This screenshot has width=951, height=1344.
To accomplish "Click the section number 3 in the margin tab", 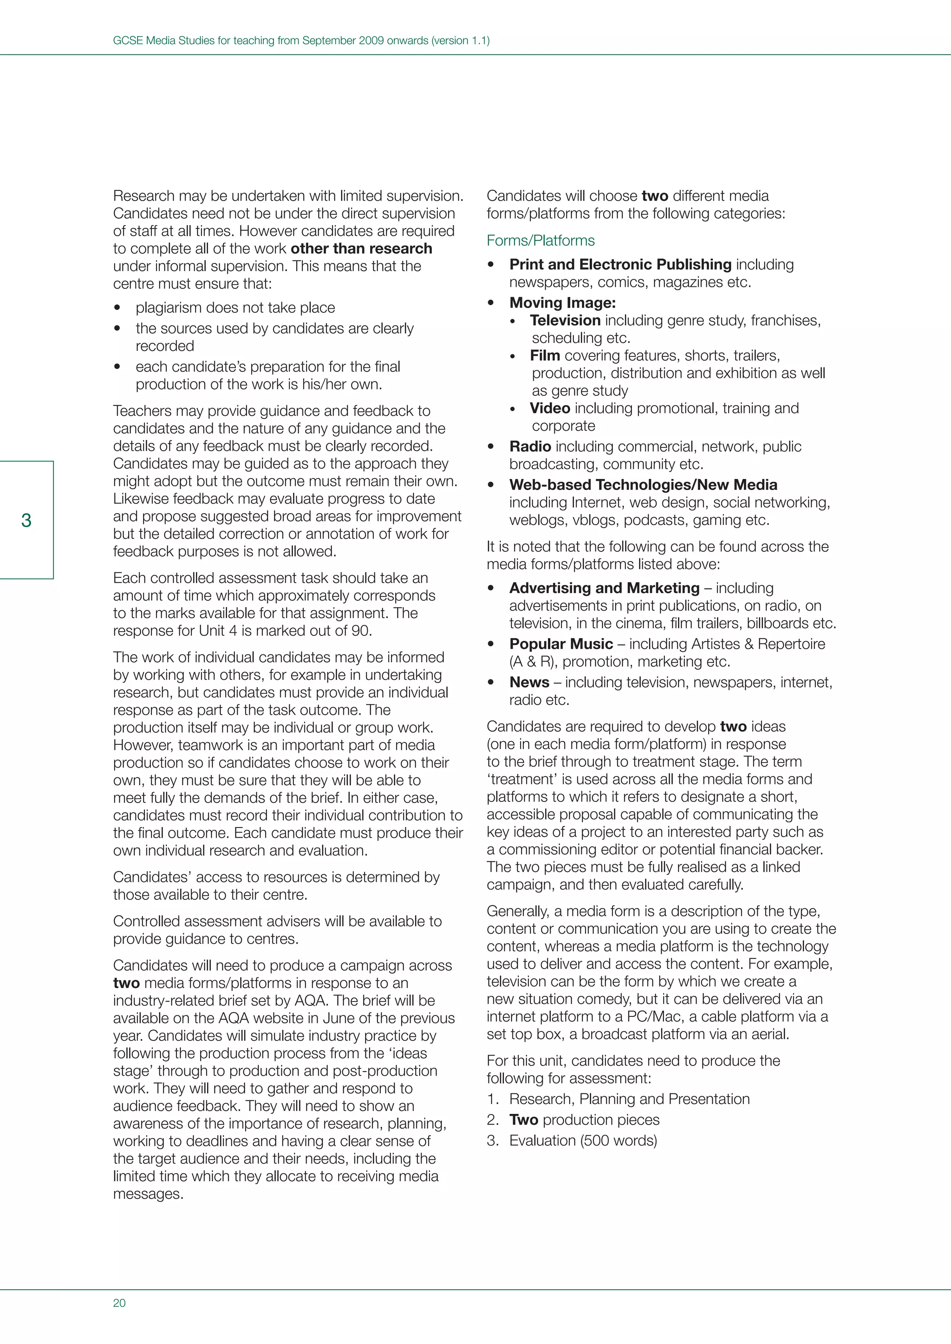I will point(26,520).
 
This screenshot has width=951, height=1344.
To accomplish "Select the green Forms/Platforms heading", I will point(540,240).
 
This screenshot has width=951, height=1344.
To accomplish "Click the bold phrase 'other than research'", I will point(361,249).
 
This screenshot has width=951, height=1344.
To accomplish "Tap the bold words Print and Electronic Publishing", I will point(620,265).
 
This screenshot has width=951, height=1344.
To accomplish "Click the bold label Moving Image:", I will point(562,303).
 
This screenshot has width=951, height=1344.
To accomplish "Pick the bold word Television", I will point(565,320).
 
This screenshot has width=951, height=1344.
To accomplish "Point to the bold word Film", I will point(545,355).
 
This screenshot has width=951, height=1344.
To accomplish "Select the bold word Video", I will point(549,408).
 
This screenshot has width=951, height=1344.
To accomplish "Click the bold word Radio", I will point(530,446).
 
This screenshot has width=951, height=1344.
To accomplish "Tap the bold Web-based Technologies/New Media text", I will point(643,485).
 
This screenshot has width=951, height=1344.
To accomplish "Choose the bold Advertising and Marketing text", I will point(604,588).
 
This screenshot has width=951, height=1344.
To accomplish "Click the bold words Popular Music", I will point(560,644).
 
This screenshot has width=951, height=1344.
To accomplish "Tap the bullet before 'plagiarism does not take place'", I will point(117,308).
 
